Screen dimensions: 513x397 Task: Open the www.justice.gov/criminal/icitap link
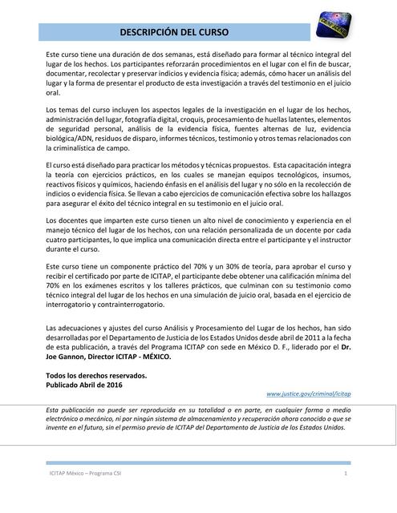[310, 394]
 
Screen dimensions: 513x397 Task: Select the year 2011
[306, 337]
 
